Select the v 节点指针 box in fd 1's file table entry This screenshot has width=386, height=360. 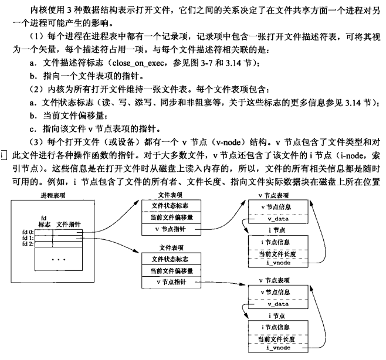(x=170, y=282)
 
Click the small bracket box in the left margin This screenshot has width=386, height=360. (x=5, y=154)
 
